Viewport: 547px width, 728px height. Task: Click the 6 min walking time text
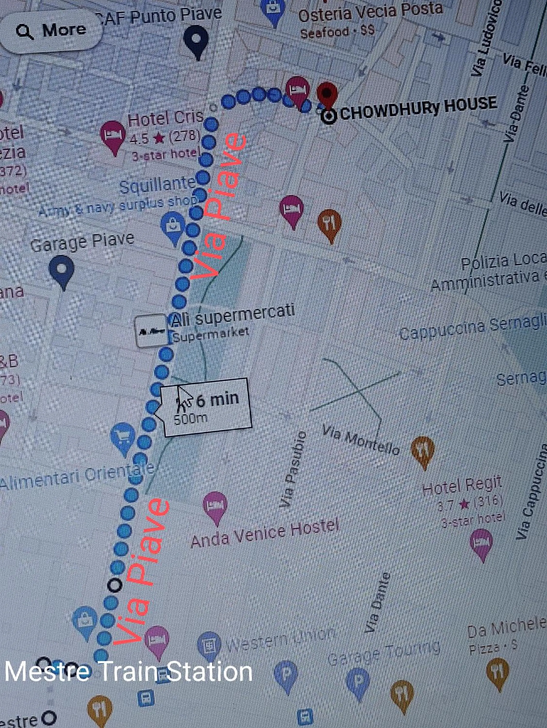pyautogui.click(x=217, y=399)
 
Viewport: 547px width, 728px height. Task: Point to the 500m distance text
pyautogui.click(x=190, y=419)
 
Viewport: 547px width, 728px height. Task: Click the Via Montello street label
pyautogui.click(x=361, y=440)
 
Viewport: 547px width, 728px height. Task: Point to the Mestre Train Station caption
pyautogui.click(x=128, y=671)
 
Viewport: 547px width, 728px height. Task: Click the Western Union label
pyautogui.click(x=280, y=640)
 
